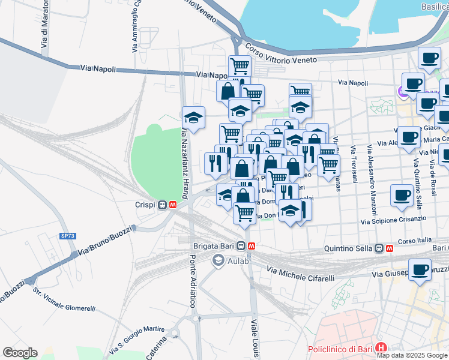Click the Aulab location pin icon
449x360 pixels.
218,260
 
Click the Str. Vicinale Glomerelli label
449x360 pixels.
64,301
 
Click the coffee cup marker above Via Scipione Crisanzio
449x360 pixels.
402,195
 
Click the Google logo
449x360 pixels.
20,353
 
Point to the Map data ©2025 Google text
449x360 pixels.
412,355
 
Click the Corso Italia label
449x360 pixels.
413,240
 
